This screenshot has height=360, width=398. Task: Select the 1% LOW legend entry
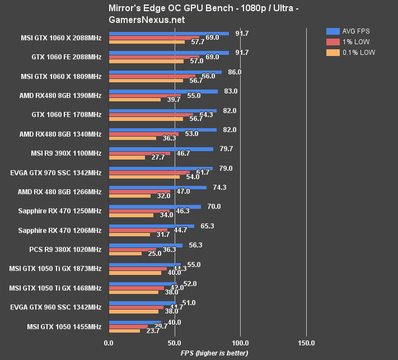click(353, 41)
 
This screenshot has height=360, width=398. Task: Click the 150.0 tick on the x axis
click(306, 342)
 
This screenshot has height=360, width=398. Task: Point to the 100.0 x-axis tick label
click(240, 342)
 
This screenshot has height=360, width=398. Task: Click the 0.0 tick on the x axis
click(109, 342)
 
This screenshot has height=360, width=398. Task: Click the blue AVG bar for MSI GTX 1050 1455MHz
click(135, 322)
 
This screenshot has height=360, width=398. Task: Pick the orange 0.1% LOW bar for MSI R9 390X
click(127, 157)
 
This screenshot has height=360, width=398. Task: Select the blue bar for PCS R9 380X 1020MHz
click(146, 245)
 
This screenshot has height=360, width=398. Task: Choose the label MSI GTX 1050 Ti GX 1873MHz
click(55, 269)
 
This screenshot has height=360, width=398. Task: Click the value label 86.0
click(237, 72)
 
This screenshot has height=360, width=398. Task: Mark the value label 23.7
click(153, 330)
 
